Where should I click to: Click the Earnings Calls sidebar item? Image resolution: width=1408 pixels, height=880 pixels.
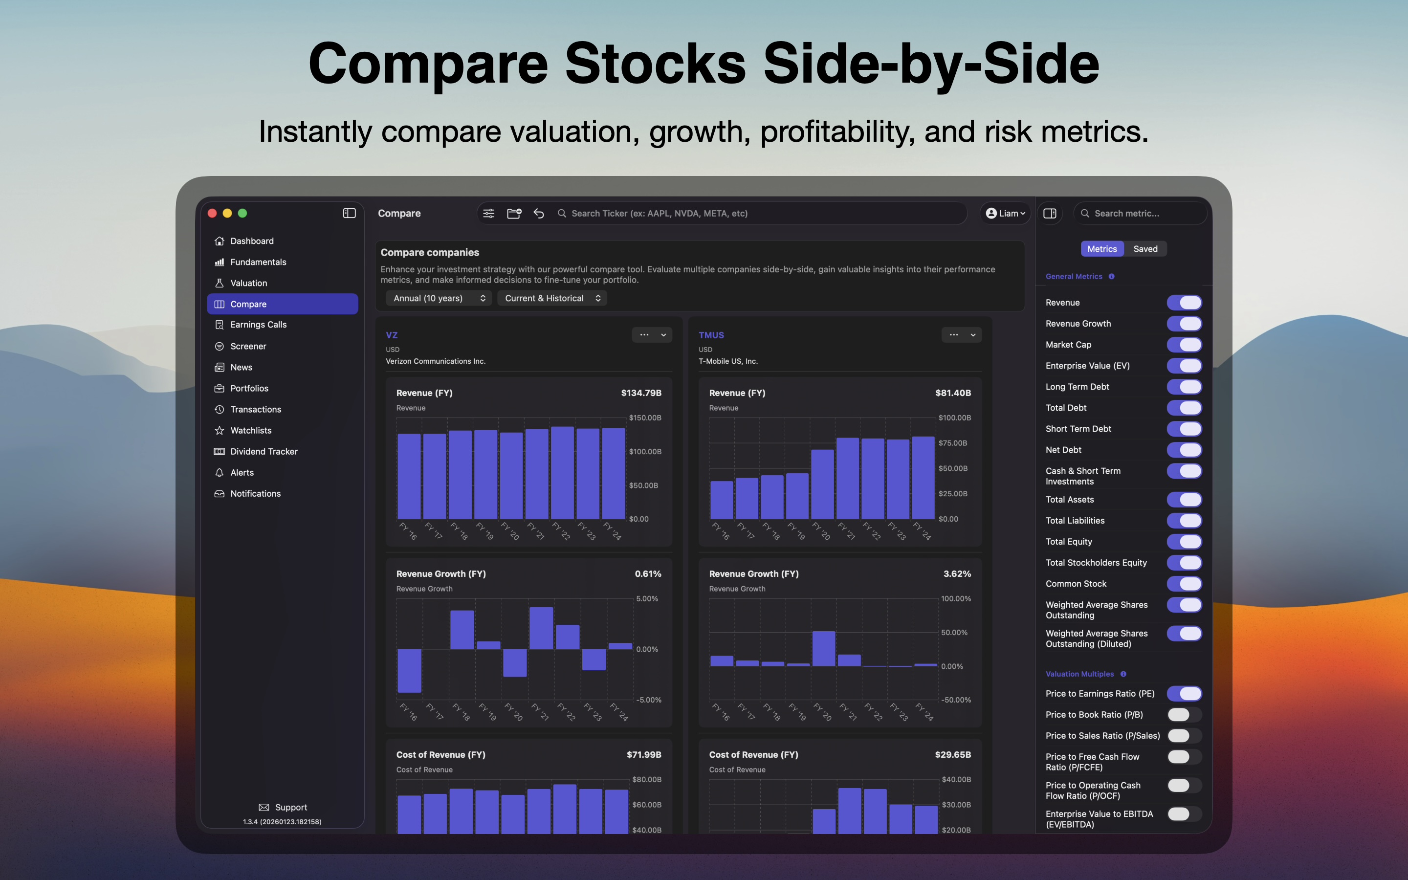[x=258, y=325]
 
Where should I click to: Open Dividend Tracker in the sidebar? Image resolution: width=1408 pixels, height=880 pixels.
[x=264, y=452]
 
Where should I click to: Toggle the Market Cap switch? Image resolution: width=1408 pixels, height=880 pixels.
[x=1184, y=345]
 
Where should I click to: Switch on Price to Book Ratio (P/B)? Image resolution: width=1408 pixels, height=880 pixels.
[x=1184, y=715]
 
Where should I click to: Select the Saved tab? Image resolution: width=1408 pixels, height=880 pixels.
[x=1145, y=249]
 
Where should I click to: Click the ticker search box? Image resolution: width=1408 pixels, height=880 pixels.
[x=756, y=214]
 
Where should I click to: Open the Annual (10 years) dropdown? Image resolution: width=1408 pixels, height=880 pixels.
[x=439, y=298]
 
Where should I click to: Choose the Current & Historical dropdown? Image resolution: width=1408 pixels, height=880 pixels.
[x=551, y=298]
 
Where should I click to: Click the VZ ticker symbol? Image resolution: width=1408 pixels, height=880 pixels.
[x=392, y=335]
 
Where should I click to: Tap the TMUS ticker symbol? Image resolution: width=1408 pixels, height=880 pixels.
[x=711, y=335]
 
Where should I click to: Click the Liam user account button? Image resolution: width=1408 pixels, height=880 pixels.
[x=1005, y=214]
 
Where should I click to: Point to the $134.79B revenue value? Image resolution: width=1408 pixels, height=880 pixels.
[x=640, y=393]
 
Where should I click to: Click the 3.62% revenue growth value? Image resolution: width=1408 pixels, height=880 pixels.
[x=956, y=574]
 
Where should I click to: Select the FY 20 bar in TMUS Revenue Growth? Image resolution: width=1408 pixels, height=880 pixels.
[x=823, y=648]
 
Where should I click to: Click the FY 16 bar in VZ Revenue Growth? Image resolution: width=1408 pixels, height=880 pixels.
[x=409, y=670]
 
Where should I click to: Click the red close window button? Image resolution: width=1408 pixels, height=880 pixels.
[x=212, y=214]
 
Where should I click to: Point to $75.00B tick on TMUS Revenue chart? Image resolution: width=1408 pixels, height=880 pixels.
[x=952, y=443]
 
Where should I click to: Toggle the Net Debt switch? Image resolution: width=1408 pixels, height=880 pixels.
[x=1184, y=450]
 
